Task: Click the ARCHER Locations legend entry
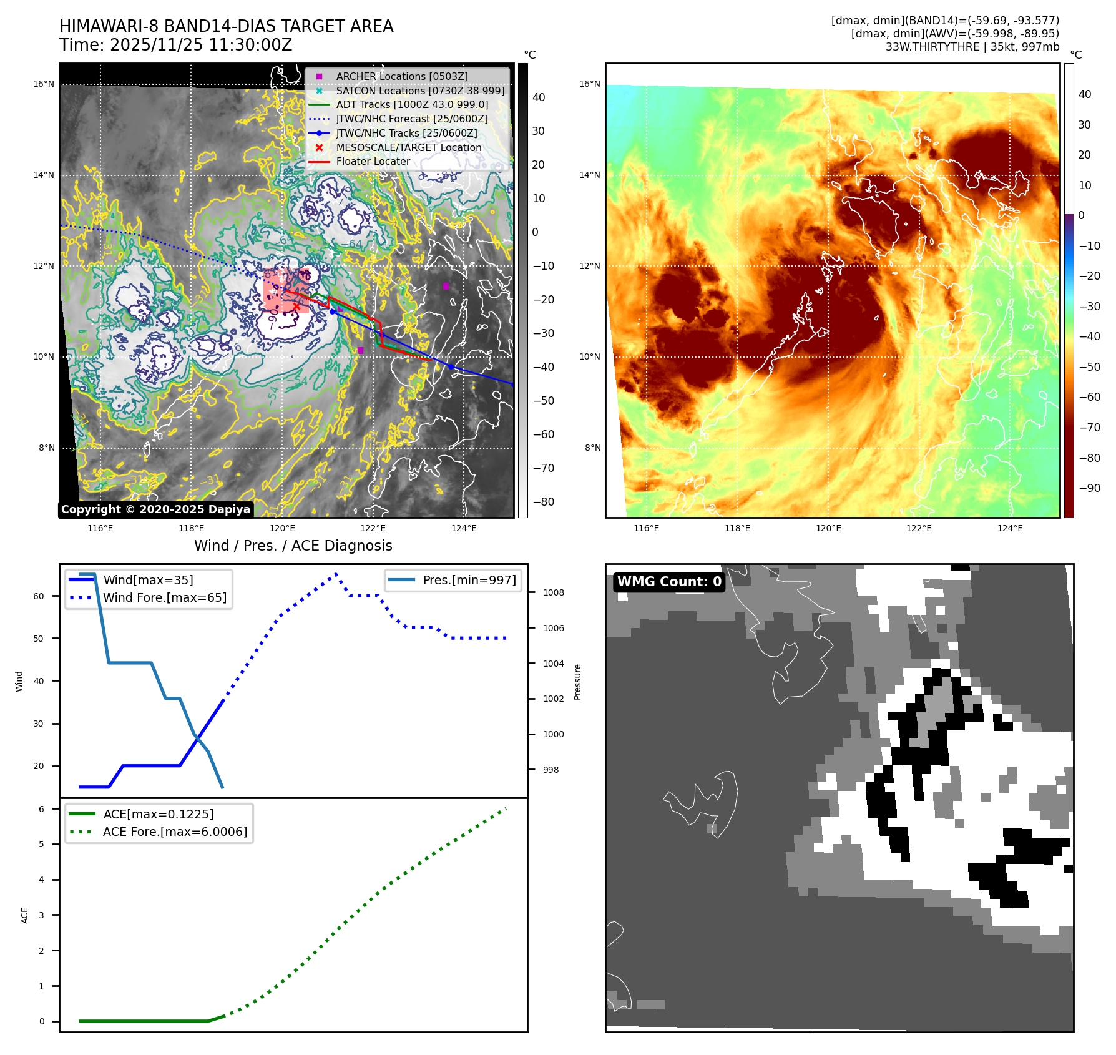[401, 76]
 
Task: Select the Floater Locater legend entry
[373, 161]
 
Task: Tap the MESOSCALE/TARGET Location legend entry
[408, 147]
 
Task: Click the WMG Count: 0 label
[669, 582]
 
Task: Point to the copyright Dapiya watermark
[155, 509]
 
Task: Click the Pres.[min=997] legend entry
[469, 580]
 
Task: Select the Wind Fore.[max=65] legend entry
[165, 597]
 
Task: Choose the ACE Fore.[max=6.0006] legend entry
[175, 832]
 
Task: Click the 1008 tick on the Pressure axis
[553, 592]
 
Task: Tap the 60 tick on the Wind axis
[39, 596]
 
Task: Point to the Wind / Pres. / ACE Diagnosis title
[293, 546]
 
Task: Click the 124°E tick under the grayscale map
[464, 528]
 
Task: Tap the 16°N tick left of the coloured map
[589, 84]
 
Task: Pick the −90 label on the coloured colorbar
[1090, 488]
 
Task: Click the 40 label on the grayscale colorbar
[539, 97]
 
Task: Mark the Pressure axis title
[577, 682]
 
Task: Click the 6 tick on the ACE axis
[41, 809]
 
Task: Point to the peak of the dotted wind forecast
[336, 573]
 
